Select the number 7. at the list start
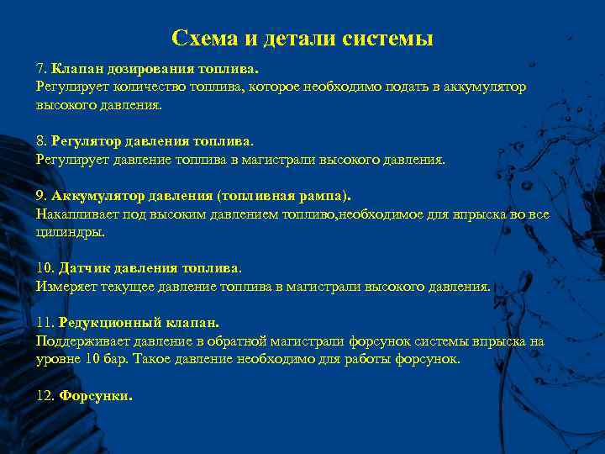pos(41,66)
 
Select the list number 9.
pos(41,196)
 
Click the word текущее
pos(132,286)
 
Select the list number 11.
pos(45,322)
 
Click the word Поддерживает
pos(80,341)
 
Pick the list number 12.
pos(45,396)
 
